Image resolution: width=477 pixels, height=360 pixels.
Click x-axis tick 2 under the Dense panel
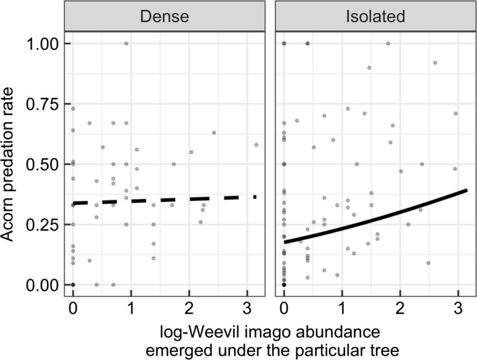189,308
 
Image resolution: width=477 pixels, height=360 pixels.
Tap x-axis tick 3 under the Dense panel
247,308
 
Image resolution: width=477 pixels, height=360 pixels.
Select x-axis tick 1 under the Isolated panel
341,308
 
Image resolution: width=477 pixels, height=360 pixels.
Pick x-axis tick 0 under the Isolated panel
283,308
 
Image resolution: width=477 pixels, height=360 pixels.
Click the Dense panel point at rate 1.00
126,44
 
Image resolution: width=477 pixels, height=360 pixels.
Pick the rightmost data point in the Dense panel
256,145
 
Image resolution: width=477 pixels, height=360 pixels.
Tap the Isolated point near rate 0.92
435,63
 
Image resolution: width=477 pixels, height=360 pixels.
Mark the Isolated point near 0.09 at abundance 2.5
428,263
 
